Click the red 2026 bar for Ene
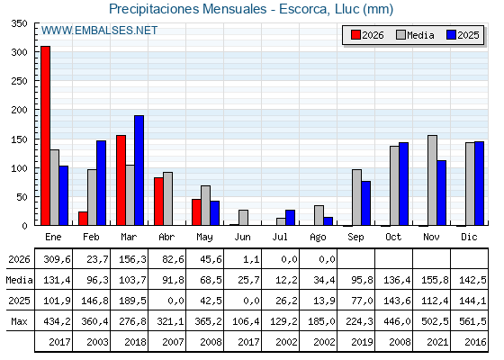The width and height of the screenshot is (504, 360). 45,136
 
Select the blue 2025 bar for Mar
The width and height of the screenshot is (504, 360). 139,170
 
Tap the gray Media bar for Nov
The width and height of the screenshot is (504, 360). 432,180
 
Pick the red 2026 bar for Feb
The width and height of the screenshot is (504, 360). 83,218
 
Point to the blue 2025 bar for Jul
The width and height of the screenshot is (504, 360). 290,218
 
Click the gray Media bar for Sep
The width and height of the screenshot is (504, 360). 356,197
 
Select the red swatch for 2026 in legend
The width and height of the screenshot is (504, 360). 355,35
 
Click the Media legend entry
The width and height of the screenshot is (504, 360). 415,35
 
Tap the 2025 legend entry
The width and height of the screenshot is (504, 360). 463,35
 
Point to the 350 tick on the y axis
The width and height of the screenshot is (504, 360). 19,23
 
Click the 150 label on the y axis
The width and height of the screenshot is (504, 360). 19,139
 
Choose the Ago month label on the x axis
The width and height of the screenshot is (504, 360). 318,238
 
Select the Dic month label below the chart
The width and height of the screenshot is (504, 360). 469,237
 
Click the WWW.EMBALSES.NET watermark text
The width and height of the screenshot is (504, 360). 99,31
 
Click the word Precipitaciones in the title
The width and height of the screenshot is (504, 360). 154,9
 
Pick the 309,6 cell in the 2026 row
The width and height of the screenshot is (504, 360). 58,259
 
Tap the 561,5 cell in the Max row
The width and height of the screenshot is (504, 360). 472,321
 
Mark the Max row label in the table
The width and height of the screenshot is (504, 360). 19,321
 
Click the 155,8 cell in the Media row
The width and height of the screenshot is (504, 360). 435,280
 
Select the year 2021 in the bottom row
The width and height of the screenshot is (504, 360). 437,342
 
